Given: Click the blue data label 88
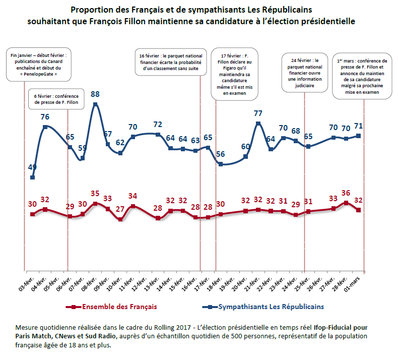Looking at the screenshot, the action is click(95, 94).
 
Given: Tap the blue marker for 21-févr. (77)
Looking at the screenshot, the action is click(258, 124).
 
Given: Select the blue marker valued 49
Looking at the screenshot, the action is click(32, 177).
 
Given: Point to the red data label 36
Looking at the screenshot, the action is click(346, 193).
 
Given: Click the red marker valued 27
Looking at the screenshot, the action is click(120, 219).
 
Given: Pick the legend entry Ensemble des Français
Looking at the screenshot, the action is click(111, 307).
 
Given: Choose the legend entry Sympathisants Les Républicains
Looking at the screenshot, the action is click(263, 307).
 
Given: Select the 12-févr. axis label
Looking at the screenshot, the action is click(139, 284).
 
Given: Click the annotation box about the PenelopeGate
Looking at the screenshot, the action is click(39, 65).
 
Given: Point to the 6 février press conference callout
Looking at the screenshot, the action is click(56, 99).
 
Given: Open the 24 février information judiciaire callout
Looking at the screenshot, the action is click(305, 73).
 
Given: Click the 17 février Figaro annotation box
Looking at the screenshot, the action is click(235, 74).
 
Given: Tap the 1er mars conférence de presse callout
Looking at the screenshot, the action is click(362, 76).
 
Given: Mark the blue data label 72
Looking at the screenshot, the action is click(158, 125).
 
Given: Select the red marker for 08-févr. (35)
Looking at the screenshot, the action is click(95, 204).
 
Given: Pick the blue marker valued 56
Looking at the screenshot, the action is click(221, 164).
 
